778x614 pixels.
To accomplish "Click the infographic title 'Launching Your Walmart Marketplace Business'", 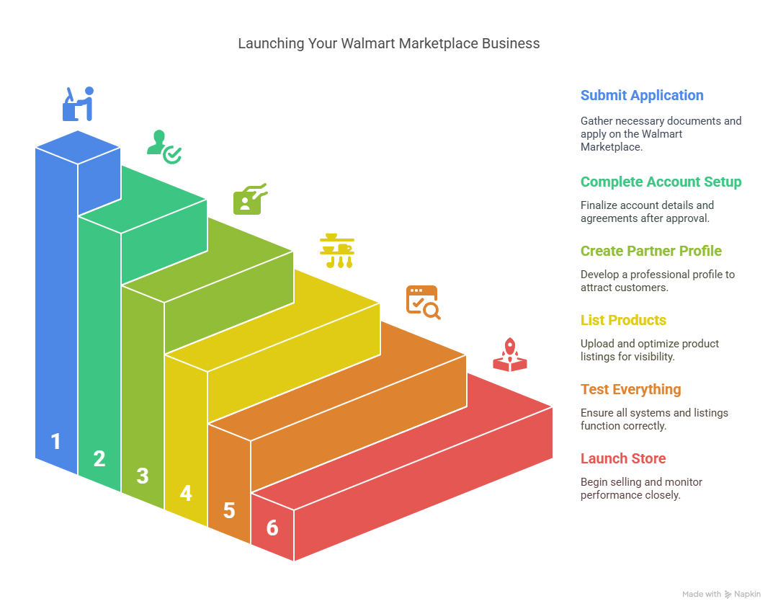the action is pos(388,44).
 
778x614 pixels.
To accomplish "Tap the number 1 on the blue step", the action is pos(56,441).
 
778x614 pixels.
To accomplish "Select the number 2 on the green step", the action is pos(99,458).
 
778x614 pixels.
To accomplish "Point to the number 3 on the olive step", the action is pos(143,476).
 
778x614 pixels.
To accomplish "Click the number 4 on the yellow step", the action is pos(186,494).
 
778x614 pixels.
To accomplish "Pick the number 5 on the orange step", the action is pos(229,511).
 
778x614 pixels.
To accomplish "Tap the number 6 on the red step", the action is pos(272,528).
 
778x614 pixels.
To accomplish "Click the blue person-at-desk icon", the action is pos(78,104).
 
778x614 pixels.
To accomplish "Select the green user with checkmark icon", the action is pos(164,147).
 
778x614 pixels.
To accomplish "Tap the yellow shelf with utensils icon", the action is pos(337,251).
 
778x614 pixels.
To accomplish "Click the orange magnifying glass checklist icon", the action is pos(424,302).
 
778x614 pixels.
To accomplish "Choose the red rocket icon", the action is pos(509,355).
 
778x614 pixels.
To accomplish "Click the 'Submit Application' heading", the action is pos(642,95).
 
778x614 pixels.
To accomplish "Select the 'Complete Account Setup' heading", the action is pos(661,182).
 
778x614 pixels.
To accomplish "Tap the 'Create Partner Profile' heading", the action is pos(651,252).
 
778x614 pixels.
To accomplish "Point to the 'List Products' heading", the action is pos(623,320).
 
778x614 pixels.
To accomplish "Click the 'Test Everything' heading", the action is pos(630,390).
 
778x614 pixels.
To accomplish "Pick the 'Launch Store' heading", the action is pos(623,458).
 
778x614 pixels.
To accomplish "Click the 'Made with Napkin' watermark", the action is pos(721,594).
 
